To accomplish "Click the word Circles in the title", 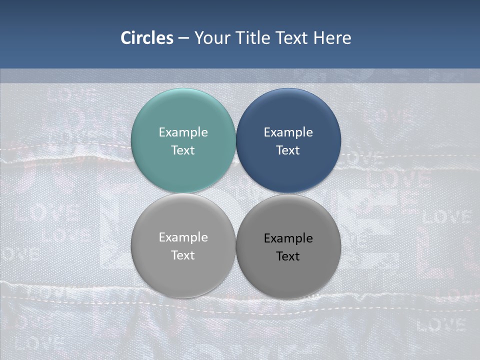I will [x=146, y=38].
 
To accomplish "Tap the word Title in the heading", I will [x=253, y=38].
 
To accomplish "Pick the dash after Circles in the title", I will [x=183, y=38].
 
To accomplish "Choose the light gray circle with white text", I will [x=183, y=272].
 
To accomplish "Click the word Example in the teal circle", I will [x=183, y=132].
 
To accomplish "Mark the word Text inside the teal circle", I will [x=183, y=150].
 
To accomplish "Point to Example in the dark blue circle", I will [x=288, y=132].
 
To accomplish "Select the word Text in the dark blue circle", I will [x=288, y=150].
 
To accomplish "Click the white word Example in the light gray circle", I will [x=183, y=237].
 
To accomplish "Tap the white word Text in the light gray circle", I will [x=183, y=255].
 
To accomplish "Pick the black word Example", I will [x=288, y=238].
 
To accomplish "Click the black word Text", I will [x=288, y=256].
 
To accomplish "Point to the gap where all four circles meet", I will [x=236, y=193].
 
